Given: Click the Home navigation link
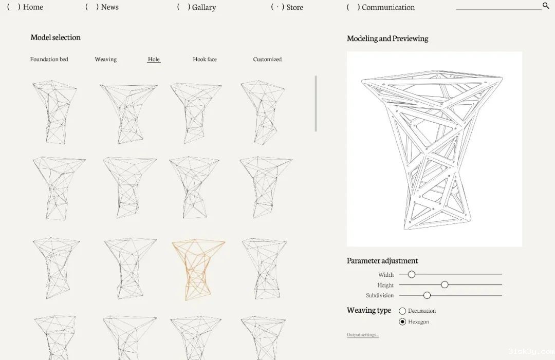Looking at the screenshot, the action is tap(32, 7).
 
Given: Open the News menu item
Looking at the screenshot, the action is tap(110, 7).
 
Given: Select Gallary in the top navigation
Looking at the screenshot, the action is tap(204, 7).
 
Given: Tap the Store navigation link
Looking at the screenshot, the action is tap(294, 7).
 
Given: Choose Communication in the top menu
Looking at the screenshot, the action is tap(388, 7).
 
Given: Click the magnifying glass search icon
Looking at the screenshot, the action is tap(545, 5).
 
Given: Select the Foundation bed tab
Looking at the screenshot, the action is tap(49, 60).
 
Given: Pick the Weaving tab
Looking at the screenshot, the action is tap(105, 60).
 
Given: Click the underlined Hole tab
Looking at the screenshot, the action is tap(154, 60).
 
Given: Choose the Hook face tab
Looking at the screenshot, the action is tap(205, 60).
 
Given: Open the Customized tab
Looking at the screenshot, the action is tap(267, 60).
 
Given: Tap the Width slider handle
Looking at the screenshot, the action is tap(411, 274).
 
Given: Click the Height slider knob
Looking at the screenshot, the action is tap(445, 285).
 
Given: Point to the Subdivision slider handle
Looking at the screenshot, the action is tap(427, 295).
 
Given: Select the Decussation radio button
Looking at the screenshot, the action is tap(402, 311).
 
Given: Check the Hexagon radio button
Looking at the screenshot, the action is tap(402, 322).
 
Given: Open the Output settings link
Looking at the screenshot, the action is tap(363, 335).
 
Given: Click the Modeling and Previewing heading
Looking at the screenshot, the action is tap(387, 39).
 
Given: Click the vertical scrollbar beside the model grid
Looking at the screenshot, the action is tap(316, 103).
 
